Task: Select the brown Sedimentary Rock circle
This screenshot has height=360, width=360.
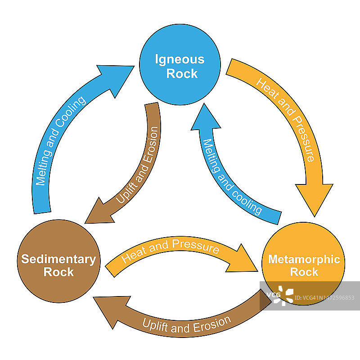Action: pos(59,261)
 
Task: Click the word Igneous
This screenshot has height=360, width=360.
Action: pos(180,59)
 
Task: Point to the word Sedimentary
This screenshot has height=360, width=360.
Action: pos(59,259)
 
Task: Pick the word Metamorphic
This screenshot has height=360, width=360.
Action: pos(304,260)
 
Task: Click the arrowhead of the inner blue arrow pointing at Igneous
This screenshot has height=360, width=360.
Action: pos(205,118)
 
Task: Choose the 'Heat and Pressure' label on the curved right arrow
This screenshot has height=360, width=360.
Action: pos(285,119)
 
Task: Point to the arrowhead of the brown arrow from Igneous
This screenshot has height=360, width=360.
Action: pos(98,213)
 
